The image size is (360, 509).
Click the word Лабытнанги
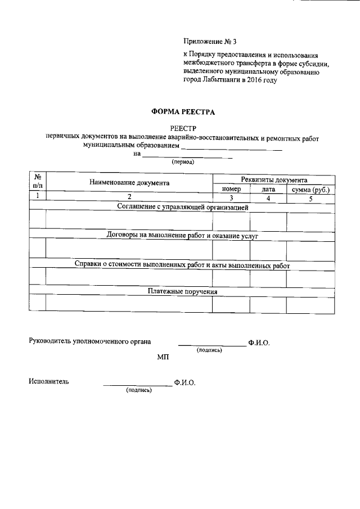tap(220, 80)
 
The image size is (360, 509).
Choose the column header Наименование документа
tap(129, 183)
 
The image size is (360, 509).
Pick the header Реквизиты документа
tap(274, 179)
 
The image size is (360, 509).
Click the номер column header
tap(231, 189)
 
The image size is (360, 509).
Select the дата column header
tap(268, 189)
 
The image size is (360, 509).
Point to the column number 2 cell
tap(129, 197)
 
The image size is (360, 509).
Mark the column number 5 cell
tap(310, 198)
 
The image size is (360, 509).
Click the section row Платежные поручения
tap(183, 291)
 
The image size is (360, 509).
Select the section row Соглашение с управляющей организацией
tap(183, 207)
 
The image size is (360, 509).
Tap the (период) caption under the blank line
tap(183, 162)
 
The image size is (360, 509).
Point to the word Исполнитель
tap(49, 381)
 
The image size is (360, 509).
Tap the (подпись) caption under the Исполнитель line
tap(139, 390)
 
